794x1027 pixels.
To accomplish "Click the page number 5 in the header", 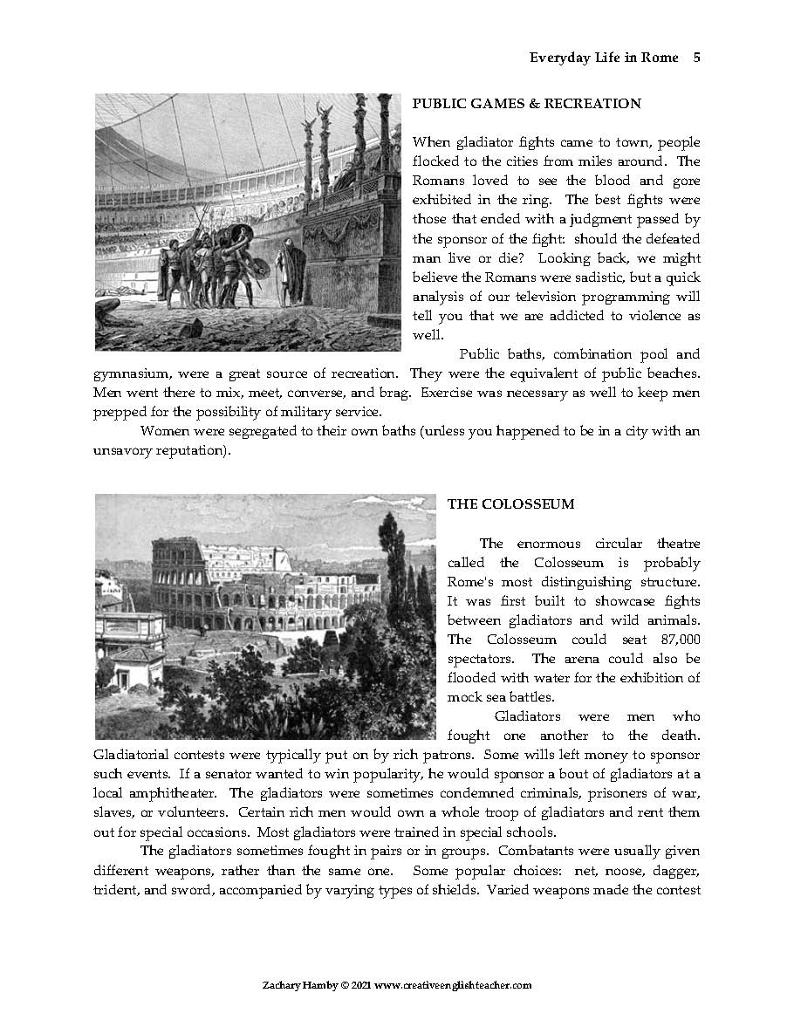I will [x=696, y=58].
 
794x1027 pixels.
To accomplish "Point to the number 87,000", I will [x=675, y=640].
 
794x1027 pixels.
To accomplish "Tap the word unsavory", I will [x=122, y=451].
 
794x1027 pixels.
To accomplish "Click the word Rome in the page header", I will [x=661, y=58].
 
